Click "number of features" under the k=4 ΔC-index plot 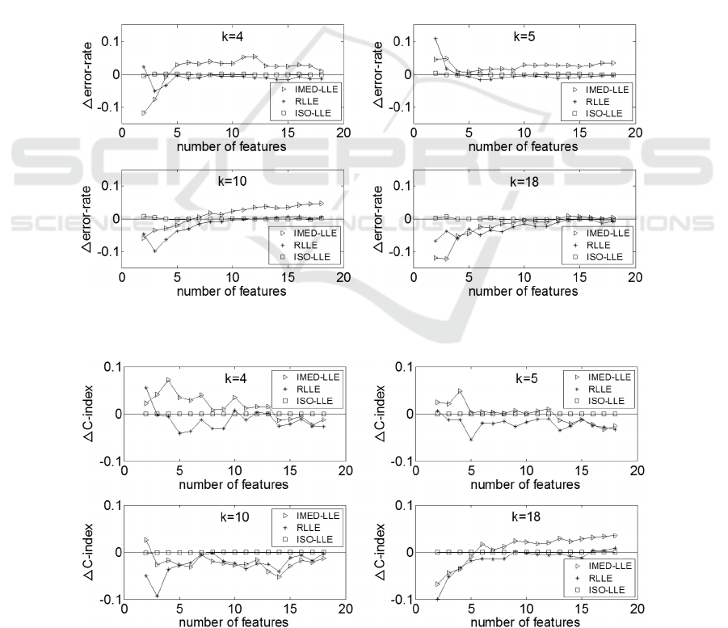234,485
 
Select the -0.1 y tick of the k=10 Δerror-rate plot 106,251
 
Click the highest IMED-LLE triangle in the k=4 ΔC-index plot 169,380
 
